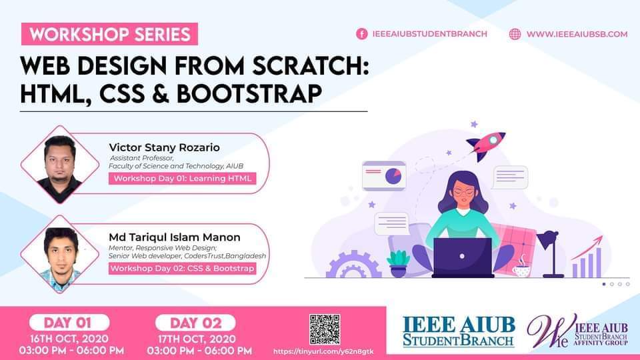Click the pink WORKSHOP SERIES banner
click(109, 34)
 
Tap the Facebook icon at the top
click(361, 34)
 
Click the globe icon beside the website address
click(515, 34)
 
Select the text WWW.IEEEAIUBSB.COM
click(577, 34)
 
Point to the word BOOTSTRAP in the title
click(249, 93)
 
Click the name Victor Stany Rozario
click(164, 147)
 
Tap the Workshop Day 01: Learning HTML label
click(183, 179)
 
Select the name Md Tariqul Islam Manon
click(174, 237)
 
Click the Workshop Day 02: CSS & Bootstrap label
click(183, 268)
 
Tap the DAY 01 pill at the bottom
click(69, 323)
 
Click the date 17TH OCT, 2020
click(196, 339)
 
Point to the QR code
click(325, 329)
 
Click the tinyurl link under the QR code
click(323, 351)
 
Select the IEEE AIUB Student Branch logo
click(459, 331)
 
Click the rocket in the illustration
click(486, 145)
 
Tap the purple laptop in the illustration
click(463, 257)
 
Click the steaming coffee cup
click(521, 267)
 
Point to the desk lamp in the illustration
click(551, 254)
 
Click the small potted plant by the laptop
click(398, 264)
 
